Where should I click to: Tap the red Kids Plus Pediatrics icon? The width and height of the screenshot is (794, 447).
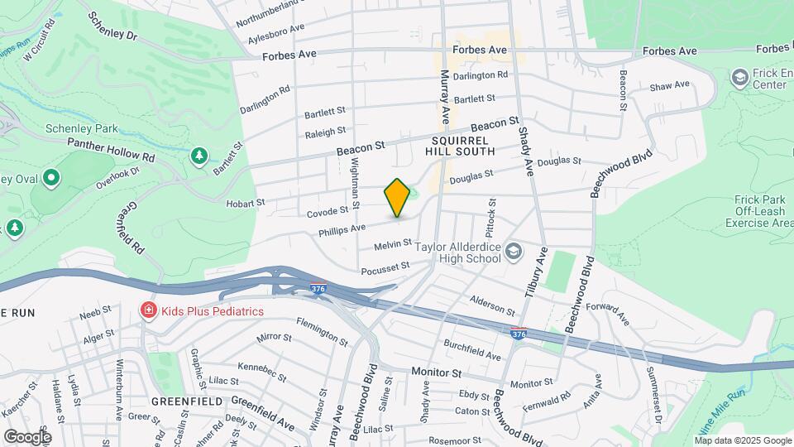pos(148,311)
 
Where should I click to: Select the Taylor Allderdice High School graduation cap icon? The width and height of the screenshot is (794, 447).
pos(514,250)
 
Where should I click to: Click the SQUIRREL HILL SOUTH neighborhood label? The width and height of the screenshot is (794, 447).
pos(460,146)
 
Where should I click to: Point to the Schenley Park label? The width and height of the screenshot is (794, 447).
pos(82,129)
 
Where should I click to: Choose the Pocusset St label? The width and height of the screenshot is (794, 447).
pos(385,267)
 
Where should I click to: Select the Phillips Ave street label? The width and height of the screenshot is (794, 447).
pos(342,228)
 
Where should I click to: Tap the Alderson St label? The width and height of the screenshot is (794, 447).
pos(492,303)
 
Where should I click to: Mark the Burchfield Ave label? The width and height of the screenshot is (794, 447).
pos(472,349)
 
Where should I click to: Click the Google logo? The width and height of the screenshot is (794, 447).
pos(27,436)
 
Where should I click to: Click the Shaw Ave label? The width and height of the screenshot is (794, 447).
pos(669,85)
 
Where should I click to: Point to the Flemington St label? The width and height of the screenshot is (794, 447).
pos(322,331)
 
